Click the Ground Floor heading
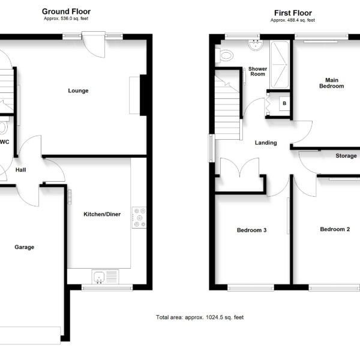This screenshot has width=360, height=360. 66,11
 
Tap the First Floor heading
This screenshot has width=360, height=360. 293,13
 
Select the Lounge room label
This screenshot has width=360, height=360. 78,91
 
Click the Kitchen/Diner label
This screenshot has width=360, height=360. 102,214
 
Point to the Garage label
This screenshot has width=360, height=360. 25,247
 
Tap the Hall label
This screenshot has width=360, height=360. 20,170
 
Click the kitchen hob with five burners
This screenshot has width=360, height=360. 139,217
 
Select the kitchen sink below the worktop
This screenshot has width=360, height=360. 105,277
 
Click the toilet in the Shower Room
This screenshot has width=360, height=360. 224,55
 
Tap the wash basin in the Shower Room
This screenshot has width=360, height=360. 256,45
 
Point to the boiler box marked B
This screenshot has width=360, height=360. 284,104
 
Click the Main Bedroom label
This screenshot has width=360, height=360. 332,83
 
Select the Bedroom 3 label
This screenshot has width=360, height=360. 251,230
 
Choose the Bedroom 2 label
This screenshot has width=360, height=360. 335,229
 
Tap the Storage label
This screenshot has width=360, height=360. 346,156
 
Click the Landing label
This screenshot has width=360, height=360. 266,143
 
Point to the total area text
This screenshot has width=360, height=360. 200,317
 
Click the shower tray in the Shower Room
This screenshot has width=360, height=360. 280,65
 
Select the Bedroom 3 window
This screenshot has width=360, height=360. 251,287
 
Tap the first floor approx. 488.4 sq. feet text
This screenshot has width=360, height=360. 293,20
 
